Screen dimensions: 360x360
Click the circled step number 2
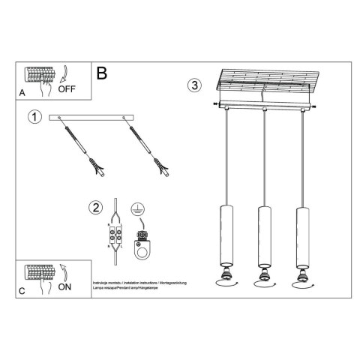(95, 208)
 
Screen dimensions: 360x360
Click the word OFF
(67, 88)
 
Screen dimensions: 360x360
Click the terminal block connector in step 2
(115, 236)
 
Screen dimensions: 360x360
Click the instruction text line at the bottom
(139, 283)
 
